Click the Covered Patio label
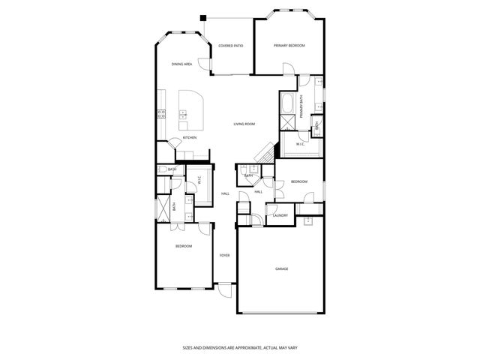[230, 46]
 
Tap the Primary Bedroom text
[289, 46]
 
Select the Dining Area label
[181, 64]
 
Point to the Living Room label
[244, 124]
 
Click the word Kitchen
[190, 137]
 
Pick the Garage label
[281, 268]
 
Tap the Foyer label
[224, 256]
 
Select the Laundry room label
[280, 216]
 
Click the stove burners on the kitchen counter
[161, 114]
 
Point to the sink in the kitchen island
[184, 115]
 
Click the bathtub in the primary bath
[287, 103]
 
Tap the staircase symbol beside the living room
[265, 152]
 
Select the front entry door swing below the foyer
[224, 286]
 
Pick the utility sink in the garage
[308, 220]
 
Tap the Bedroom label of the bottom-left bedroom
[184, 246]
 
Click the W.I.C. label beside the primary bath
[300, 143]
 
